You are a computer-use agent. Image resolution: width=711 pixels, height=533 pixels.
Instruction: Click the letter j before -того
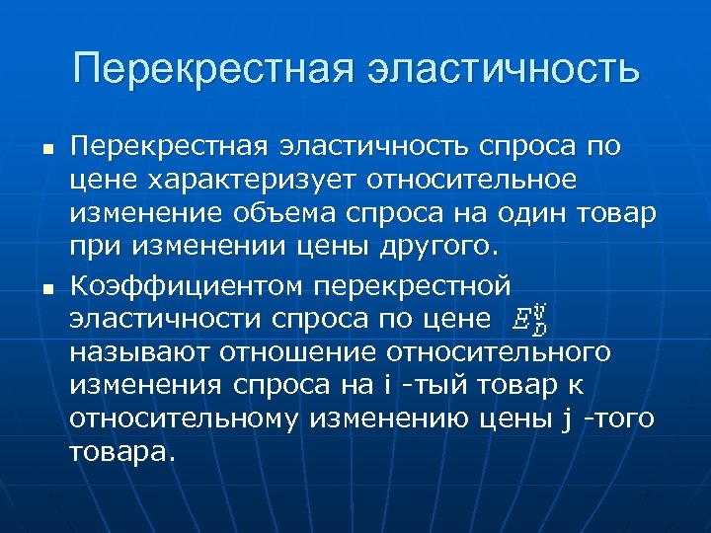click(x=565, y=419)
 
